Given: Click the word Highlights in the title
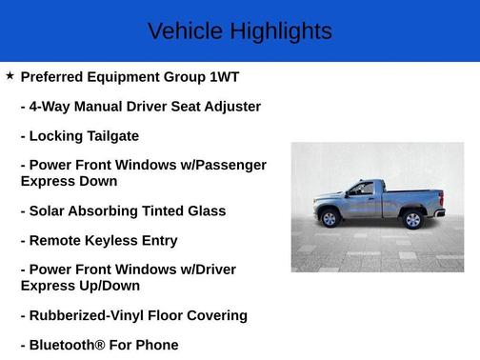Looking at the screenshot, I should point(281,31).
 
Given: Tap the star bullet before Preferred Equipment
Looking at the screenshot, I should point(10,75).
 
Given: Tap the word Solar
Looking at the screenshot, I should point(49,210).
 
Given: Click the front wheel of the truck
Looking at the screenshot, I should point(330,218).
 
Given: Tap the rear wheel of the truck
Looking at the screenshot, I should point(412,220).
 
